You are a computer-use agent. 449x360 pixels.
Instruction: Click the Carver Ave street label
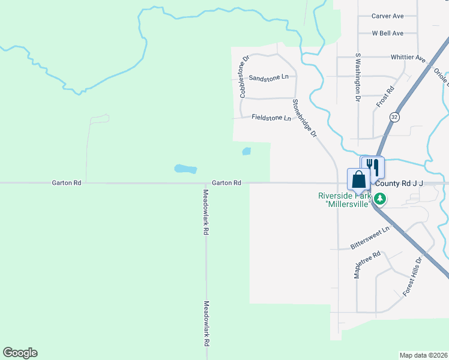coord(388,16)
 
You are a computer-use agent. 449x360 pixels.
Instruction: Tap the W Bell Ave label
coord(388,34)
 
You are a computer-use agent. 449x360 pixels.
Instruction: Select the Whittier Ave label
coord(408,58)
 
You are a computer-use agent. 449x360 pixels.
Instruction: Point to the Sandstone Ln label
coord(268,78)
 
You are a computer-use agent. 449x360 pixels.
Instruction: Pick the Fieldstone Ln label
coord(271,118)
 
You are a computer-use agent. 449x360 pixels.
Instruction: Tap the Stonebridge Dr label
coord(304,119)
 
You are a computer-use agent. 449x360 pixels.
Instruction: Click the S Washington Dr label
coord(358,76)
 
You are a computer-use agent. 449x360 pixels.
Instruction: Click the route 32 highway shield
coord(394,116)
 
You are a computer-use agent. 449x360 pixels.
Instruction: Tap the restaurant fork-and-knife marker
coord(373,166)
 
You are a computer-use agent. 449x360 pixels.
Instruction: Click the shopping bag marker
coord(358,179)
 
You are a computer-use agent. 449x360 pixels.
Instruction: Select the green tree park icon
coord(379,199)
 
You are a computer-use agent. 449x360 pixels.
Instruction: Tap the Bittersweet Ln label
coord(370,238)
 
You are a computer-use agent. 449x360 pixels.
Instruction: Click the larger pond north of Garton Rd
coord(185,169)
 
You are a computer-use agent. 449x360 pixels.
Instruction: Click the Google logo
coord(20,353)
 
